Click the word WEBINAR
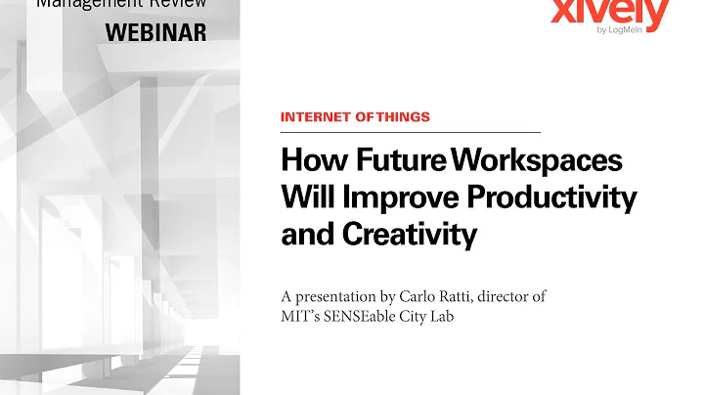(155, 31)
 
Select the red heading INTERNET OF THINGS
(355, 117)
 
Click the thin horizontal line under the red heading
(411, 132)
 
